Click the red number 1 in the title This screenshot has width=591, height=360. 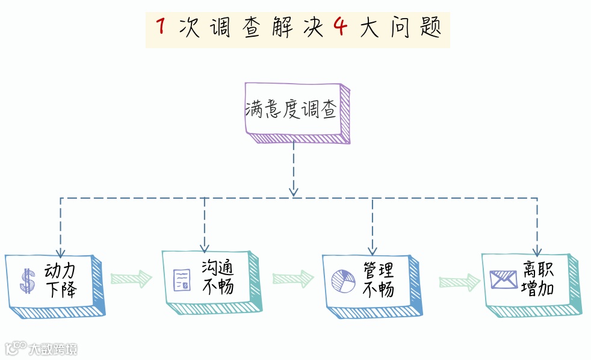[x=161, y=27]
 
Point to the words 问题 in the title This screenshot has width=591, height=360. [x=413, y=28]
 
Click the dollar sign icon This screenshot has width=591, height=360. [x=28, y=281]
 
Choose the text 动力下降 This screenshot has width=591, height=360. [x=61, y=280]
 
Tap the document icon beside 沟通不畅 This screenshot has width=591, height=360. [x=182, y=280]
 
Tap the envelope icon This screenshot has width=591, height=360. [x=503, y=280]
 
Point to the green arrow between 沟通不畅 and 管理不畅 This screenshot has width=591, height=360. [x=293, y=278]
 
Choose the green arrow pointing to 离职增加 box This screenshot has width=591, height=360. [x=460, y=281]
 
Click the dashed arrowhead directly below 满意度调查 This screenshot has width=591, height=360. [x=293, y=191]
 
